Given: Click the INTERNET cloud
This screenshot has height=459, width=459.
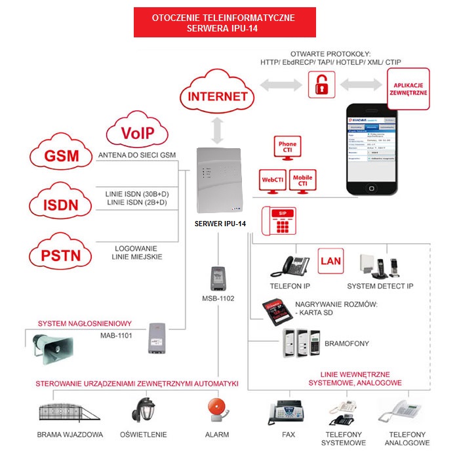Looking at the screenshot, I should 218,96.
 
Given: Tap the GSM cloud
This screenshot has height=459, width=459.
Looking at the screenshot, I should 61,155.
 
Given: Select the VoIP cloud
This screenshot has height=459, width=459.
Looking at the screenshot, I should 137,134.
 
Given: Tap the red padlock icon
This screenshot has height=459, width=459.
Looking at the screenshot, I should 322,85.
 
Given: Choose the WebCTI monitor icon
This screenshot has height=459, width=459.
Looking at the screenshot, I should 276,180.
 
